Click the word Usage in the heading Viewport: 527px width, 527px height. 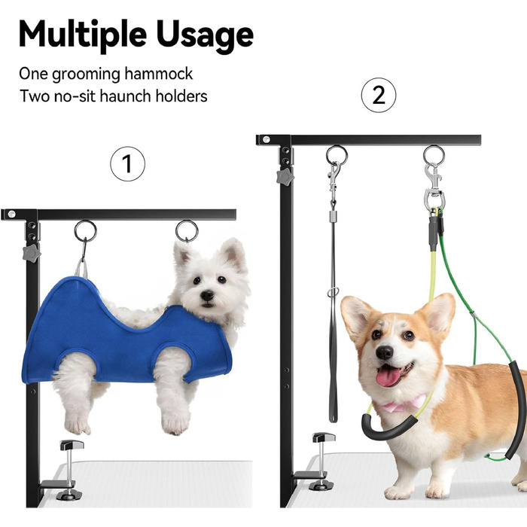[x=205, y=35]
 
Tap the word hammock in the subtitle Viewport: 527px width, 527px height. [x=158, y=74]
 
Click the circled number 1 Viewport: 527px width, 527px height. [x=128, y=163]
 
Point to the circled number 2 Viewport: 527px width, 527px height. [x=379, y=95]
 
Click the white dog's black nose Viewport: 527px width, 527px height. [x=207, y=295]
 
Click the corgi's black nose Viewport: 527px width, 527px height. [x=384, y=352]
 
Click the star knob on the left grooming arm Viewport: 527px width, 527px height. [x=32, y=253]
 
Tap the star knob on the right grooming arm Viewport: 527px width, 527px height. [x=285, y=177]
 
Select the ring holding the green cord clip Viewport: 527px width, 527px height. [x=434, y=155]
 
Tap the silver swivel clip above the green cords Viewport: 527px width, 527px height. [x=434, y=187]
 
